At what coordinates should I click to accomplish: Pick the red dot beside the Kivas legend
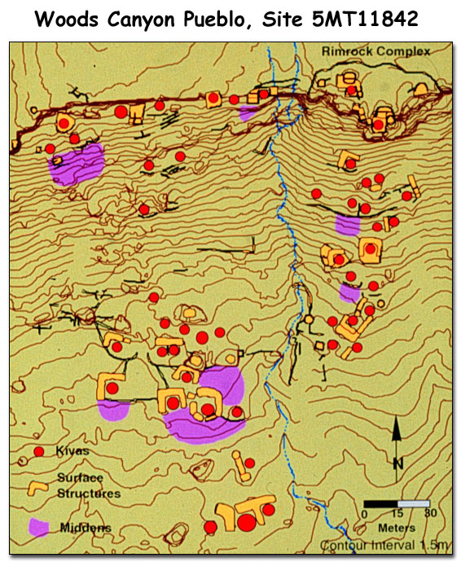coord(38,450)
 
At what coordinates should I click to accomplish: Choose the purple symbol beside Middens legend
coord(38,527)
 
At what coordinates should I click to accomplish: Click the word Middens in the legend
coord(86,528)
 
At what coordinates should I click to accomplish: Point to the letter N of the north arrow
coord(397,463)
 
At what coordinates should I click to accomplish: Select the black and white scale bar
coord(397,503)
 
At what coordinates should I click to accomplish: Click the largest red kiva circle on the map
coord(246,520)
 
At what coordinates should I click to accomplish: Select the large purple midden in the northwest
coord(77,163)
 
